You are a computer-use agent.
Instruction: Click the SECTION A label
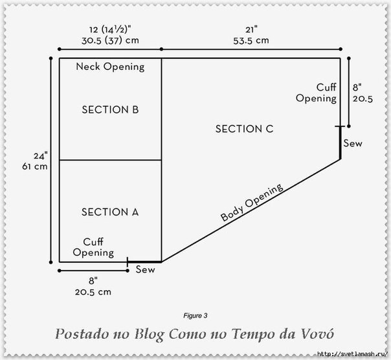tap(110, 212)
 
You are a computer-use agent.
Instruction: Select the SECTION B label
tap(110, 109)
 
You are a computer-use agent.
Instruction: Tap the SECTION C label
tap(244, 129)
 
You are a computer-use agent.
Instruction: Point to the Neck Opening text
tap(110, 67)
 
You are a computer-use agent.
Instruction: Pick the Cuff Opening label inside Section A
tap(93, 247)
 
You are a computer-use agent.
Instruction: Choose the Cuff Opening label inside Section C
tap(317, 93)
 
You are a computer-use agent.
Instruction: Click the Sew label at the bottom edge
tap(145, 269)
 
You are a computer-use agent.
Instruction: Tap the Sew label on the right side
tap(353, 143)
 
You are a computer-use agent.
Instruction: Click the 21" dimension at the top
tap(251, 30)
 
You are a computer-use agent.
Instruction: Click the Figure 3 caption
tap(195, 316)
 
